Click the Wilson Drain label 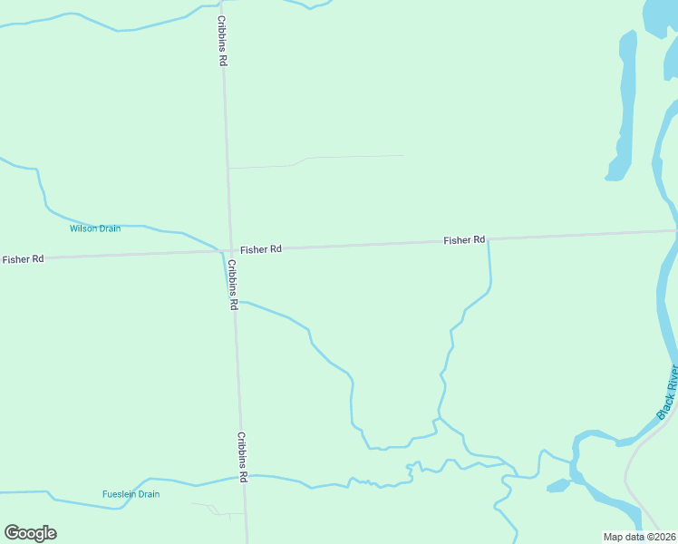(95, 228)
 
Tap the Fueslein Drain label (131, 494)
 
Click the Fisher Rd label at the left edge (23, 259)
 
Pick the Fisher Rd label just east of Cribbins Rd (261, 248)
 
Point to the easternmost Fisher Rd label (464, 240)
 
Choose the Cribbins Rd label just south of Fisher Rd (233, 285)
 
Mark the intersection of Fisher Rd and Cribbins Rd (227, 251)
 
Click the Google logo (30, 533)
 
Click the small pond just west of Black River (558, 487)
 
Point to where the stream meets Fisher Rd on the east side (489, 240)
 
